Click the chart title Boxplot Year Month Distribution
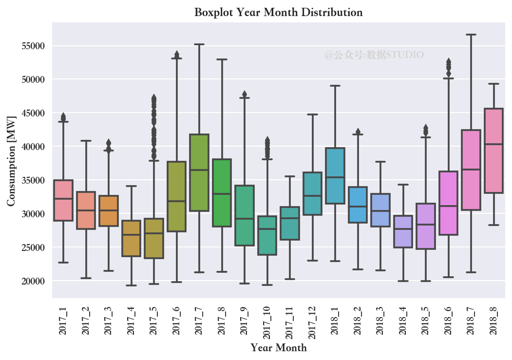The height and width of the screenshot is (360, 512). [279, 12]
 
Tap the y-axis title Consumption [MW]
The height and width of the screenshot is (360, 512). [11, 161]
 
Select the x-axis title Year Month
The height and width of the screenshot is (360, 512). [279, 348]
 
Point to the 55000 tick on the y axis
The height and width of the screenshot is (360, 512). [33, 46]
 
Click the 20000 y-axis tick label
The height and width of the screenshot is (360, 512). [33, 281]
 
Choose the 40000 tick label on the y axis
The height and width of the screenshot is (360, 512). [33, 147]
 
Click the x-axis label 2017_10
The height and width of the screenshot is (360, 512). [267, 322]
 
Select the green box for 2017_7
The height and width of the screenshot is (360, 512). [199, 172]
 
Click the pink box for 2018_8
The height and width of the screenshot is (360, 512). [493, 151]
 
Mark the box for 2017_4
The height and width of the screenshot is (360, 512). [131, 238]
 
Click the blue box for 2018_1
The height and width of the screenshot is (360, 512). [335, 176]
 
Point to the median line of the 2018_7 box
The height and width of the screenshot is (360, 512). [471, 170]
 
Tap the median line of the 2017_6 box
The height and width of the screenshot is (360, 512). [177, 201]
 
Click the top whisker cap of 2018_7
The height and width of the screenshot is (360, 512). [471, 34]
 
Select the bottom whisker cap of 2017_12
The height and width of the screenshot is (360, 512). [312, 261]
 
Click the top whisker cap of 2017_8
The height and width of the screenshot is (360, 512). [222, 59]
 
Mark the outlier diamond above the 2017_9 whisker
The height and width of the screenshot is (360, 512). [245, 94]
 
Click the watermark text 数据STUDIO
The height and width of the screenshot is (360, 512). [395, 55]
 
